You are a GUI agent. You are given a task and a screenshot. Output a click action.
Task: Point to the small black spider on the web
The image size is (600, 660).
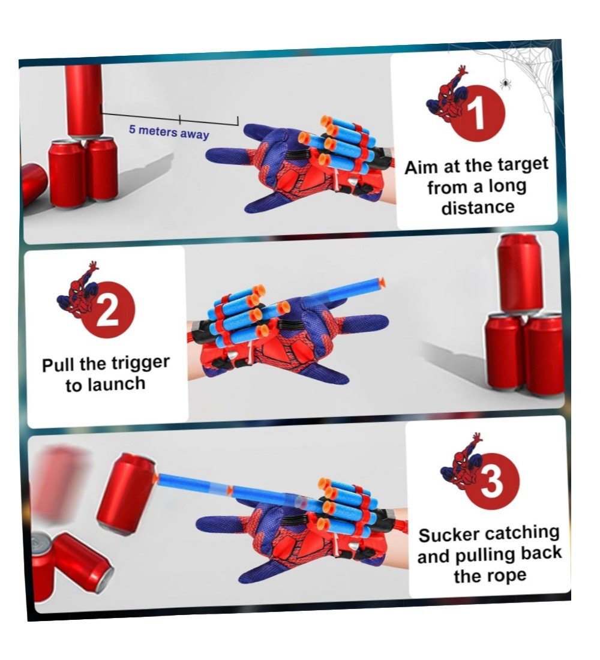click(x=505, y=84)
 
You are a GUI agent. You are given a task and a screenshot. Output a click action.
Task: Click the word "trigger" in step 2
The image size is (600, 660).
click(x=140, y=364)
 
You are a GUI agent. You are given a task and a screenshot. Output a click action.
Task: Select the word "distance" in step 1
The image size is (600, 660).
click(x=478, y=207)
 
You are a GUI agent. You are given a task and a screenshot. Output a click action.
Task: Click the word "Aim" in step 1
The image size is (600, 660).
click(x=422, y=167)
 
